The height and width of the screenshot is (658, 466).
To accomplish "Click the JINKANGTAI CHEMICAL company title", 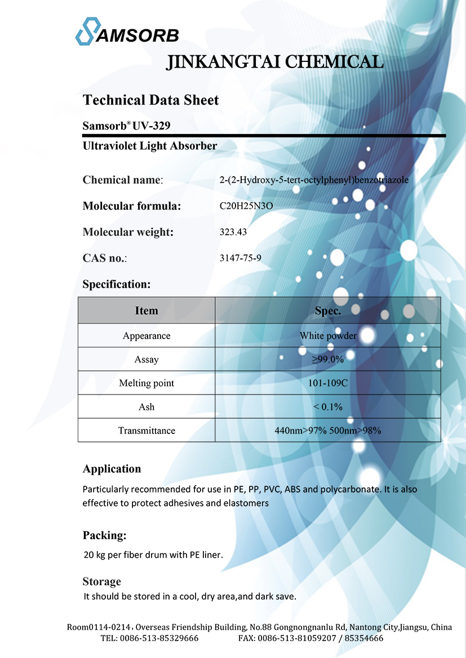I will (x=275, y=61).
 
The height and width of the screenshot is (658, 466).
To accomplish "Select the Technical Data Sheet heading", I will (x=150, y=100).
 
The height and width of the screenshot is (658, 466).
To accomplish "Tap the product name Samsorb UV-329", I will (x=126, y=126).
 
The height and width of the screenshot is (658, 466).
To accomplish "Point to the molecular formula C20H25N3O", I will (x=246, y=206).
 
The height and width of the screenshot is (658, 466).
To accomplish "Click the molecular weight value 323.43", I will (x=233, y=232).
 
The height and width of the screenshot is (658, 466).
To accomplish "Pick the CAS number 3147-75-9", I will (x=240, y=258).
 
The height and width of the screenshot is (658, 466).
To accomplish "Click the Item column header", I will (x=147, y=311).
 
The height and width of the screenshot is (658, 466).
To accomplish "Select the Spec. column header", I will (x=327, y=311).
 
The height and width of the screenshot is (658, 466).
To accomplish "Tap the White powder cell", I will (x=328, y=336).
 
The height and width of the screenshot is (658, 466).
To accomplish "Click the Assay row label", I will (x=147, y=360).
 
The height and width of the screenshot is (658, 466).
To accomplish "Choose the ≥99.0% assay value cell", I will (x=328, y=360).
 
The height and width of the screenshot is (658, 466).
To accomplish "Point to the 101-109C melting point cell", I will (x=328, y=383).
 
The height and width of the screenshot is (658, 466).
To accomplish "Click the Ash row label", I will (x=147, y=407).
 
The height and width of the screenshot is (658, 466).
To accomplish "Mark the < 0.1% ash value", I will (x=328, y=407).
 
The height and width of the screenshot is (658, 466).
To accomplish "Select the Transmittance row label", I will (x=147, y=431).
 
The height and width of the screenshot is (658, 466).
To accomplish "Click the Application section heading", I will (x=112, y=469).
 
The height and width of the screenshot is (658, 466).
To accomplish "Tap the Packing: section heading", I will (x=104, y=535).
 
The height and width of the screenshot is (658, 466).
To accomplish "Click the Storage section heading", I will (x=101, y=581).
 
